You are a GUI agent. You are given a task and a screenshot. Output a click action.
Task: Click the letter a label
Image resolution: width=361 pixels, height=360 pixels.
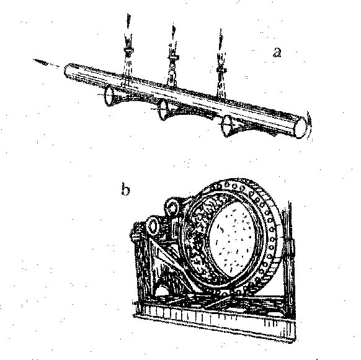[x=277, y=52]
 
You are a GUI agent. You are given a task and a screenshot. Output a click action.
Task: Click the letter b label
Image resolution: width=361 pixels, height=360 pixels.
[x=125, y=189]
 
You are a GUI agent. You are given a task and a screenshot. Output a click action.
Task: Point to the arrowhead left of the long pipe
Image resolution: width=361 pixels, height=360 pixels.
[x=40, y=61]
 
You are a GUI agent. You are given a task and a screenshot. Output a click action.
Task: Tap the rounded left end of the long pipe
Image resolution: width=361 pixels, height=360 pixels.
[x=68, y=71]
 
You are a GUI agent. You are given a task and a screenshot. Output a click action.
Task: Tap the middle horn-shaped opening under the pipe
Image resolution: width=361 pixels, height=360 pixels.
[x=164, y=109]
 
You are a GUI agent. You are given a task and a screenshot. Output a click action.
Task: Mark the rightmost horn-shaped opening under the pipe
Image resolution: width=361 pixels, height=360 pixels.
[x=228, y=126]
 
